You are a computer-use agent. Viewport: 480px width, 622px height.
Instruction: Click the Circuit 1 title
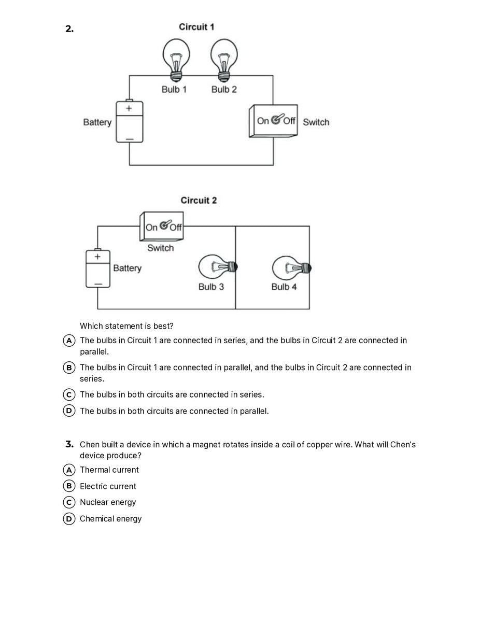pyautogui.click(x=196, y=27)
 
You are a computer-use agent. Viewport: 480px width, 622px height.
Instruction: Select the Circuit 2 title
pyautogui.click(x=199, y=200)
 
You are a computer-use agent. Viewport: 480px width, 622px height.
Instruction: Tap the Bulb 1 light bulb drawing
pyautogui.click(x=176, y=59)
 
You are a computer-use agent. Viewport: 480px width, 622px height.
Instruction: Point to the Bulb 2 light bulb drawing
pyautogui.click(x=224, y=59)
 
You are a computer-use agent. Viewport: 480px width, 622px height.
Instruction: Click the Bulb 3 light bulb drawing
pyautogui.click(x=217, y=267)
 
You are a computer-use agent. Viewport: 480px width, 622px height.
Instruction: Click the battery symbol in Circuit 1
pyautogui.click(x=129, y=121)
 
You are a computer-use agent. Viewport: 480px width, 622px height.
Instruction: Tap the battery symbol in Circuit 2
pyautogui.click(x=98, y=268)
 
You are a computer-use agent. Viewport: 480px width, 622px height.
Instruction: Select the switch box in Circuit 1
pyautogui.click(x=274, y=121)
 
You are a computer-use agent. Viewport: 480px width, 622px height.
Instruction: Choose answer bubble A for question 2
pyautogui.click(x=69, y=341)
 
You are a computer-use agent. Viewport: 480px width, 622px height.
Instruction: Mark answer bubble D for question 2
pyautogui.click(x=69, y=411)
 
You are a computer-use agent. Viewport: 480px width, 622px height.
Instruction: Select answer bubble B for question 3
pyautogui.click(x=69, y=486)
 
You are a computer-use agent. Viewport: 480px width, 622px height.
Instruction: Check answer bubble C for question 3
pyautogui.click(x=69, y=502)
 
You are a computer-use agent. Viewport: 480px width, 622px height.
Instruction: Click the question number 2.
pyautogui.click(x=69, y=29)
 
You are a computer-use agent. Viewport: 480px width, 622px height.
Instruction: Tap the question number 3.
pyautogui.click(x=69, y=444)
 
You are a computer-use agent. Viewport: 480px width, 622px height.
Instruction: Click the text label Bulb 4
pyautogui.click(x=284, y=287)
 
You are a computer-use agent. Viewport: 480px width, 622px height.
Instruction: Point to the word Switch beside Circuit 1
pyautogui.click(x=316, y=122)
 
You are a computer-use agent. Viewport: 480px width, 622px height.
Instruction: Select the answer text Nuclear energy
pyautogui.click(x=108, y=502)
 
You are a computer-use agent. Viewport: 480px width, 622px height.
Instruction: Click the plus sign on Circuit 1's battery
pyautogui.click(x=129, y=108)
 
